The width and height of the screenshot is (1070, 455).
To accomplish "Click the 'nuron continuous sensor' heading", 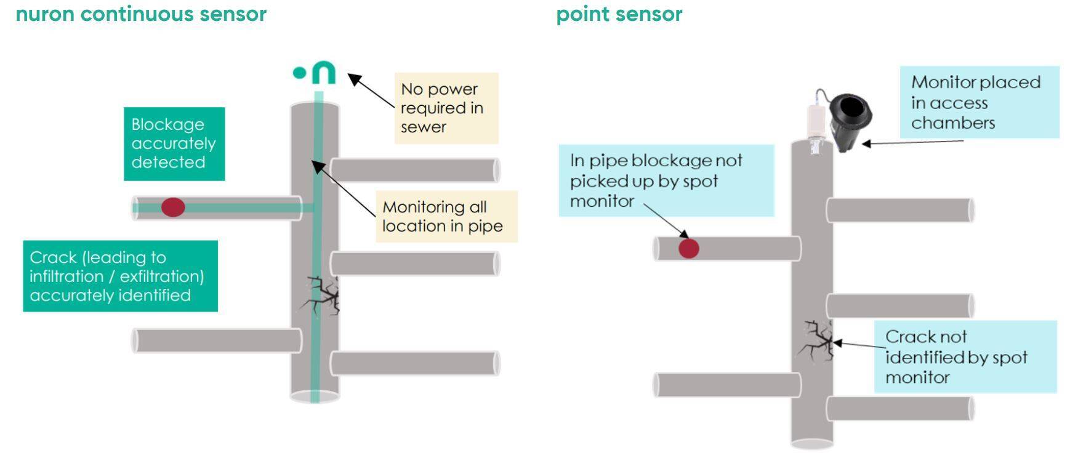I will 141,14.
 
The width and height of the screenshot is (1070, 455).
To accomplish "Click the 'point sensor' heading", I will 619,14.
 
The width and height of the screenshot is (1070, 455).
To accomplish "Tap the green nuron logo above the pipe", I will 315,73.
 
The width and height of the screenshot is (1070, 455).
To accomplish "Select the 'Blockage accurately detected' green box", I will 174,143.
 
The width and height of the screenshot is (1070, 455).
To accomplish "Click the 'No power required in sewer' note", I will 446,108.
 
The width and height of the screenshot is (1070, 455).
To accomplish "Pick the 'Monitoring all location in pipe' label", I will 446,216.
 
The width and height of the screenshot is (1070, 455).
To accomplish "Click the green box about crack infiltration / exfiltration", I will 120,276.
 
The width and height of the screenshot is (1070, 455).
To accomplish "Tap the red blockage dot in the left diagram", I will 173,207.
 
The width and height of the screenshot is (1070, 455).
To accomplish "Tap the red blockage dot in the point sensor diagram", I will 688,249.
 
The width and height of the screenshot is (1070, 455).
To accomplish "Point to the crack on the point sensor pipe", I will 816,341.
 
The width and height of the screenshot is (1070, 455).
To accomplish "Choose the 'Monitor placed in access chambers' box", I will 979,102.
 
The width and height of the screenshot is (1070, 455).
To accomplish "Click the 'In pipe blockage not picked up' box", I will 666,180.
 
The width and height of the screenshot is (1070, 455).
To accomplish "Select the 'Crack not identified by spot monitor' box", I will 965,356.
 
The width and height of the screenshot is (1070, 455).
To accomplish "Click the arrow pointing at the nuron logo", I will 371,91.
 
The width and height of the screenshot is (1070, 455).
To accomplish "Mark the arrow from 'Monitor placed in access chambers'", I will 911,143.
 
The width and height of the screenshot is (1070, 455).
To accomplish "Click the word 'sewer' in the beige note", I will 423,127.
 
